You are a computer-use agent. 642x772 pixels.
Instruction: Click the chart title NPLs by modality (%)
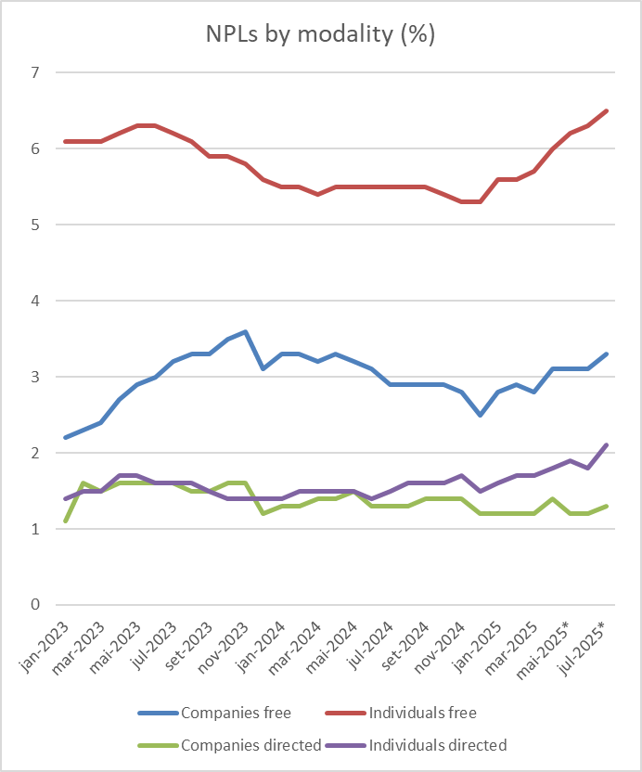point(320,34)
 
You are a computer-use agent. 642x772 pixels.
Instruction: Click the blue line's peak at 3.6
point(245,331)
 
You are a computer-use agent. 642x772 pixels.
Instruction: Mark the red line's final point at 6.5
point(606,110)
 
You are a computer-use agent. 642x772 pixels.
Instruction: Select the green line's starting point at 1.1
point(66,521)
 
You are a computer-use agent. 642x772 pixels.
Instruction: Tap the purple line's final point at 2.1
point(606,445)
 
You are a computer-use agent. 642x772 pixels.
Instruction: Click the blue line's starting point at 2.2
point(66,438)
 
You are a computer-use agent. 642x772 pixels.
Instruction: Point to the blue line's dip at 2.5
point(480,415)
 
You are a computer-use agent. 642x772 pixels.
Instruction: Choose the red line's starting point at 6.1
point(66,141)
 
